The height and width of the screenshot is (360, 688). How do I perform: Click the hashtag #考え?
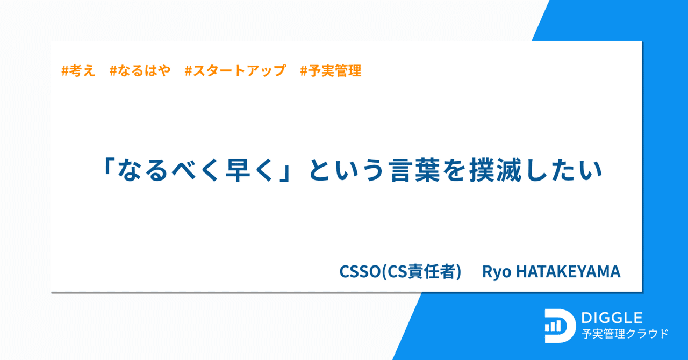pyautogui.click(x=78, y=70)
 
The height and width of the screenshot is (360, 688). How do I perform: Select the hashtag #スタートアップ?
pyautogui.click(x=235, y=70)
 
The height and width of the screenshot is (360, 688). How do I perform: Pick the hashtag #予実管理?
pyautogui.click(x=331, y=70)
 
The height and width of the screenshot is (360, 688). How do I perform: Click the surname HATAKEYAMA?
pyautogui.click(x=568, y=271)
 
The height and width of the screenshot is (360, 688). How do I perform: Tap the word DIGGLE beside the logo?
pyautogui.click(x=612, y=318)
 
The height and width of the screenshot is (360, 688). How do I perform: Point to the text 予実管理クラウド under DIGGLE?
pyautogui.click(x=625, y=334)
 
